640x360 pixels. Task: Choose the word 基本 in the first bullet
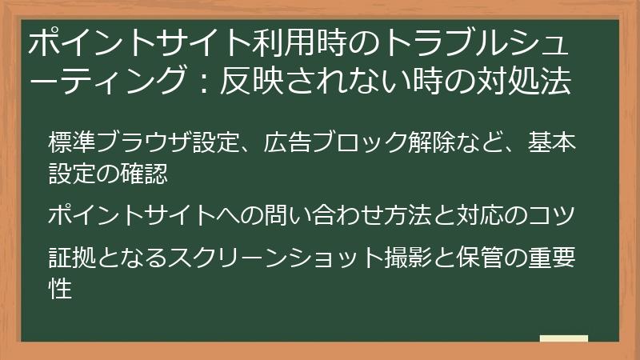[x=553, y=144]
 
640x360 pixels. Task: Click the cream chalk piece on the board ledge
[x=564, y=338]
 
